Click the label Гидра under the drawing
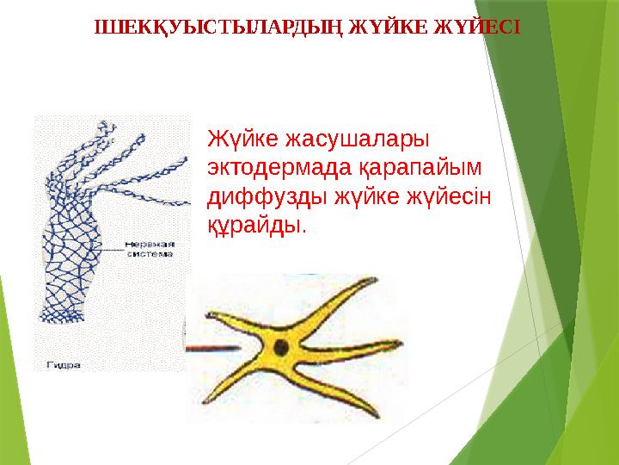tap(64, 364)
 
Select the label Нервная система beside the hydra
tap(150, 248)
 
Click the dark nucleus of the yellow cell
tap(280, 348)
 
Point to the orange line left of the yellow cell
tap(215, 350)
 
